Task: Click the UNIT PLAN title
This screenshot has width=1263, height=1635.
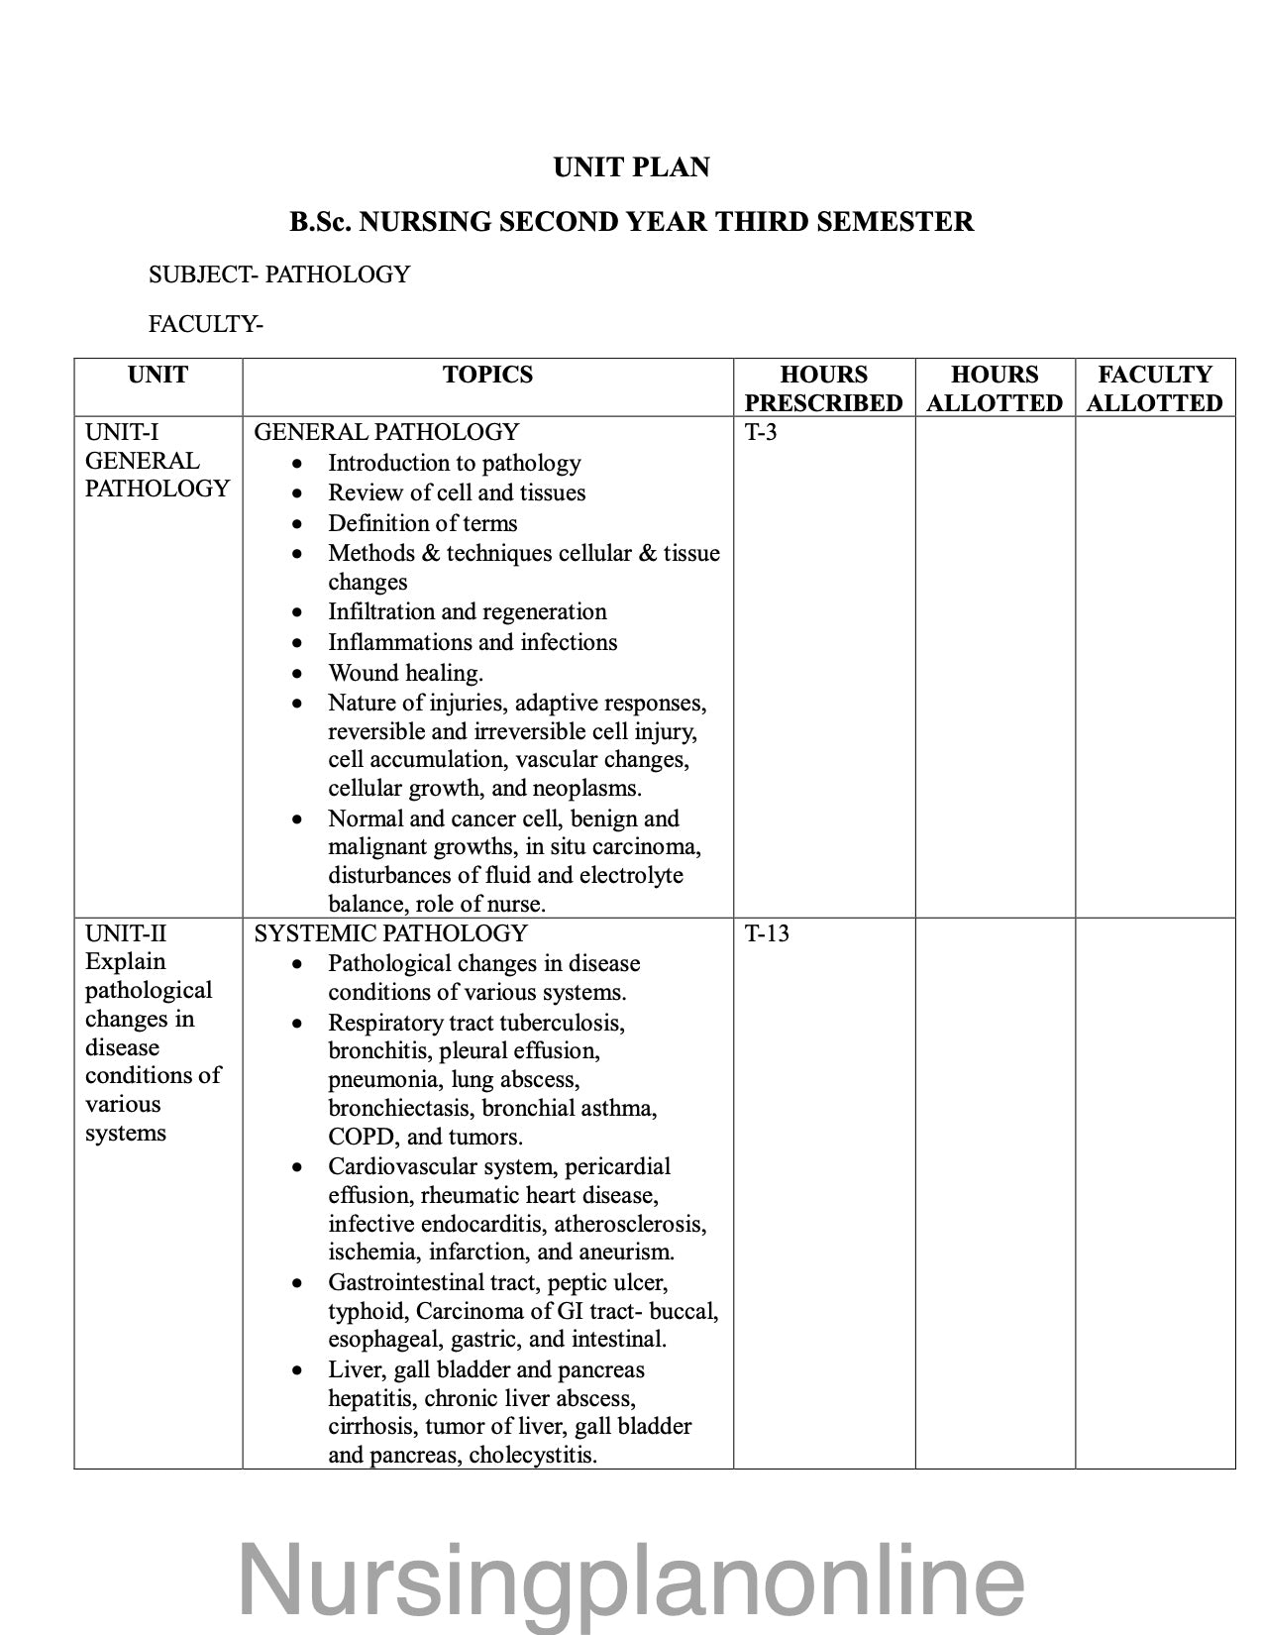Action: [x=631, y=167]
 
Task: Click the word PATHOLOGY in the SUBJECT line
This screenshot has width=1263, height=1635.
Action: [x=337, y=274]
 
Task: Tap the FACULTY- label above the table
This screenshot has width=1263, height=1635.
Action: [x=206, y=324]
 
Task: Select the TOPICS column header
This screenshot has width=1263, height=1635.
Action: [x=487, y=375]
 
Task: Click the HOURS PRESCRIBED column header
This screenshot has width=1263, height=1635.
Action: [x=823, y=388]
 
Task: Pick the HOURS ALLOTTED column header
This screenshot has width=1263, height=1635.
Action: [x=995, y=388]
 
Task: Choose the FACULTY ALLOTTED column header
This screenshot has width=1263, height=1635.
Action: [x=1154, y=388]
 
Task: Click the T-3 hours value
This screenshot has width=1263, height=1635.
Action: [x=761, y=432]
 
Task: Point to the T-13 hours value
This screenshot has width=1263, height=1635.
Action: [x=767, y=933]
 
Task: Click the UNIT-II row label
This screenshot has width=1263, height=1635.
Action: [x=126, y=933]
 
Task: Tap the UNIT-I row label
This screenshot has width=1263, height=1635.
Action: [x=122, y=432]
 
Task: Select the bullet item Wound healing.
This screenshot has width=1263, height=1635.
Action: [x=406, y=673]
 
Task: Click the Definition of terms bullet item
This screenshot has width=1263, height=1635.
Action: [x=423, y=523]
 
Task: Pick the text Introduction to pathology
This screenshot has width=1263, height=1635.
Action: [x=455, y=463]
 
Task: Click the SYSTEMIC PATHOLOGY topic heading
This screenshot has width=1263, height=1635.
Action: [x=390, y=933]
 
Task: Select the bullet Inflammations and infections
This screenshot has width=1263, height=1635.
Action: [x=473, y=642]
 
